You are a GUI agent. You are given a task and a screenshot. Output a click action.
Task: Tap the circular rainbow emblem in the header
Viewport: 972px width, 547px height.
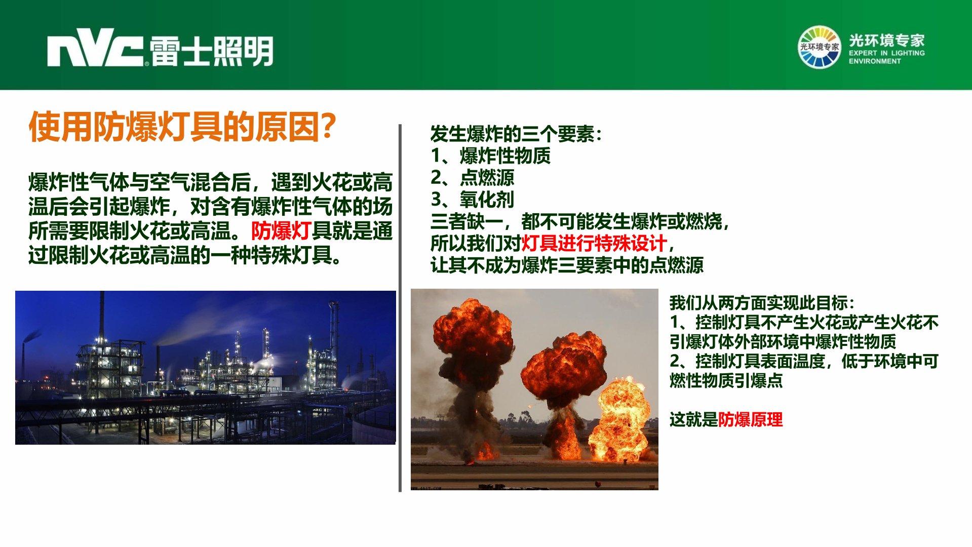819,47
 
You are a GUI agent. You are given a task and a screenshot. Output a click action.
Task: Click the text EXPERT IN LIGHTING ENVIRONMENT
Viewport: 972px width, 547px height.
886,57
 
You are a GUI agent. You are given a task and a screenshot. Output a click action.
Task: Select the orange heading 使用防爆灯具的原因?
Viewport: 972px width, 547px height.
182,127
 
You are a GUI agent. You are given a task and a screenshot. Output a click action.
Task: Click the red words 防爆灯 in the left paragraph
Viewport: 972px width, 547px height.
281,231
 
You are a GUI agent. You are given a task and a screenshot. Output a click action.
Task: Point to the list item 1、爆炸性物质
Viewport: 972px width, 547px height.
490,156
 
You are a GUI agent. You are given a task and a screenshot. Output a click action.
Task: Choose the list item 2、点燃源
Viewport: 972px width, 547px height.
472,178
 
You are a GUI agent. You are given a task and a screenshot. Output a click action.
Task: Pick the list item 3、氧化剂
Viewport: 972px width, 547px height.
472,200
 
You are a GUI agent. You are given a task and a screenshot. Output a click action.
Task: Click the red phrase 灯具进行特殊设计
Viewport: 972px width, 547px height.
594,244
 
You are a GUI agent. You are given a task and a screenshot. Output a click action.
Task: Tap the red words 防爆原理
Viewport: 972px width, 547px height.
750,419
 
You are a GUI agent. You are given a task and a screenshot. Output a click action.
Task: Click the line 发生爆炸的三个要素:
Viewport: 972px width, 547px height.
516,134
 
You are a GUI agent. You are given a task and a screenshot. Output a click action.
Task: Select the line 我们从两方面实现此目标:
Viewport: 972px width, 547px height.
762,303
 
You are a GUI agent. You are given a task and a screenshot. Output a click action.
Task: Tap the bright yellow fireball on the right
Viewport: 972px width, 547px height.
621,420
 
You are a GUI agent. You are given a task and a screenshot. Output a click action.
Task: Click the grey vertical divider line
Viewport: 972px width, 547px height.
400,308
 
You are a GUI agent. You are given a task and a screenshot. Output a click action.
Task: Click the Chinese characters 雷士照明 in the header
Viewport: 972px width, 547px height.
212,51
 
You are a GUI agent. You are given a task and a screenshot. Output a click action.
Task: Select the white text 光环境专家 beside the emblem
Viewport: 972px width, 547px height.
886,40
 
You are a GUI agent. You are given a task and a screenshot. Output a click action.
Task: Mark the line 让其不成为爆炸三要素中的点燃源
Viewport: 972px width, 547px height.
567,265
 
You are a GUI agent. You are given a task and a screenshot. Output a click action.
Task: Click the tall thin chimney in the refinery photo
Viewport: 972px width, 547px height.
102,319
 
